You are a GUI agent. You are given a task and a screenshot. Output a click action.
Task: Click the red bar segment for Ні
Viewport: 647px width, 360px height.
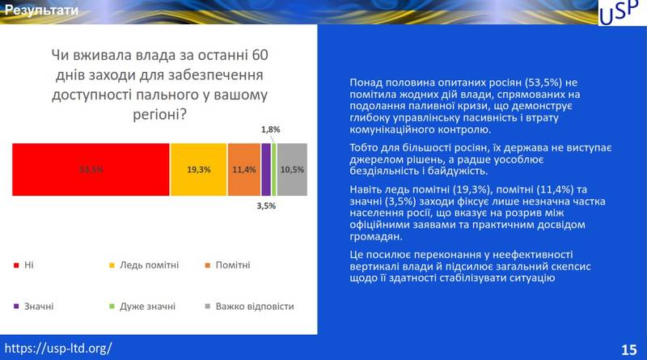tap(91, 170)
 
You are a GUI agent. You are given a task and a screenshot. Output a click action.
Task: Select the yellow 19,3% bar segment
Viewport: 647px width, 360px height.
tap(198, 170)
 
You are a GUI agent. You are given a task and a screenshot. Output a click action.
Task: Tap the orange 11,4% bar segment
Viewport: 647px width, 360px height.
tap(243, 170)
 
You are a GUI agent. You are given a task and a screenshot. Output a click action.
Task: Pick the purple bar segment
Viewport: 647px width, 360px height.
tap(265, 170)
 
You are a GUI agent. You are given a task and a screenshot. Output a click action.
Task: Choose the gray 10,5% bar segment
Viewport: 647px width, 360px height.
tap(292, 170)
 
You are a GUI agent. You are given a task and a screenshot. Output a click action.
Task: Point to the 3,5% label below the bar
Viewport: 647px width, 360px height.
tap(266, 206)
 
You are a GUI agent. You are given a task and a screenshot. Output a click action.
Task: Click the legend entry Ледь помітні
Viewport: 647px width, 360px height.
tap(149, 265)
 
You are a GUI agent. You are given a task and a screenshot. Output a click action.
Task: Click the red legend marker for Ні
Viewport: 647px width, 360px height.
tap(16, 265)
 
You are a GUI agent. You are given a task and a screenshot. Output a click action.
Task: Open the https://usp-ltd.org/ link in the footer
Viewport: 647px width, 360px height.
tap(58, 349)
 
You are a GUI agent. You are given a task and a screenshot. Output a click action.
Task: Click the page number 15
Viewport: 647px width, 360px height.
tap(628, 349)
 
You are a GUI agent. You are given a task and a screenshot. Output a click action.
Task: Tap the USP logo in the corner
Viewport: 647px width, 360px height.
tap(619, 14)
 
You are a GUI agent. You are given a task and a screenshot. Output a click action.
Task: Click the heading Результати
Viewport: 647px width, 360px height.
tap(40, 11)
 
